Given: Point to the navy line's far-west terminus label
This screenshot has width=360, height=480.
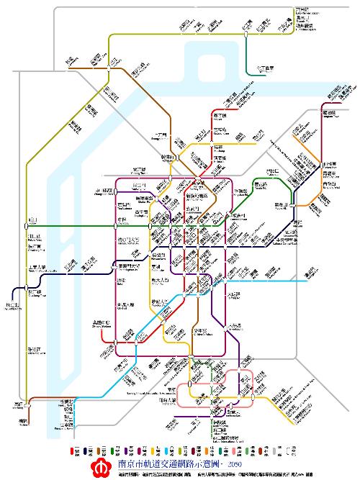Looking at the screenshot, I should pos(12,305).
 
